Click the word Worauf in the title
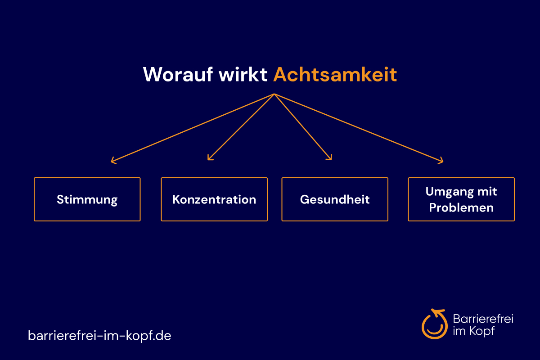[178, 74]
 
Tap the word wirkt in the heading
[243, 74]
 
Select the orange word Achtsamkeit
[335, 74]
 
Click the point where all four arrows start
[274, 94]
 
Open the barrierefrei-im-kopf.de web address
[99, 335]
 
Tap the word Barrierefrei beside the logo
[483, 319]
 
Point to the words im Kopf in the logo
[474, 331]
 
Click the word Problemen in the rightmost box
[461, 207]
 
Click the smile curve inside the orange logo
[435, 332]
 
